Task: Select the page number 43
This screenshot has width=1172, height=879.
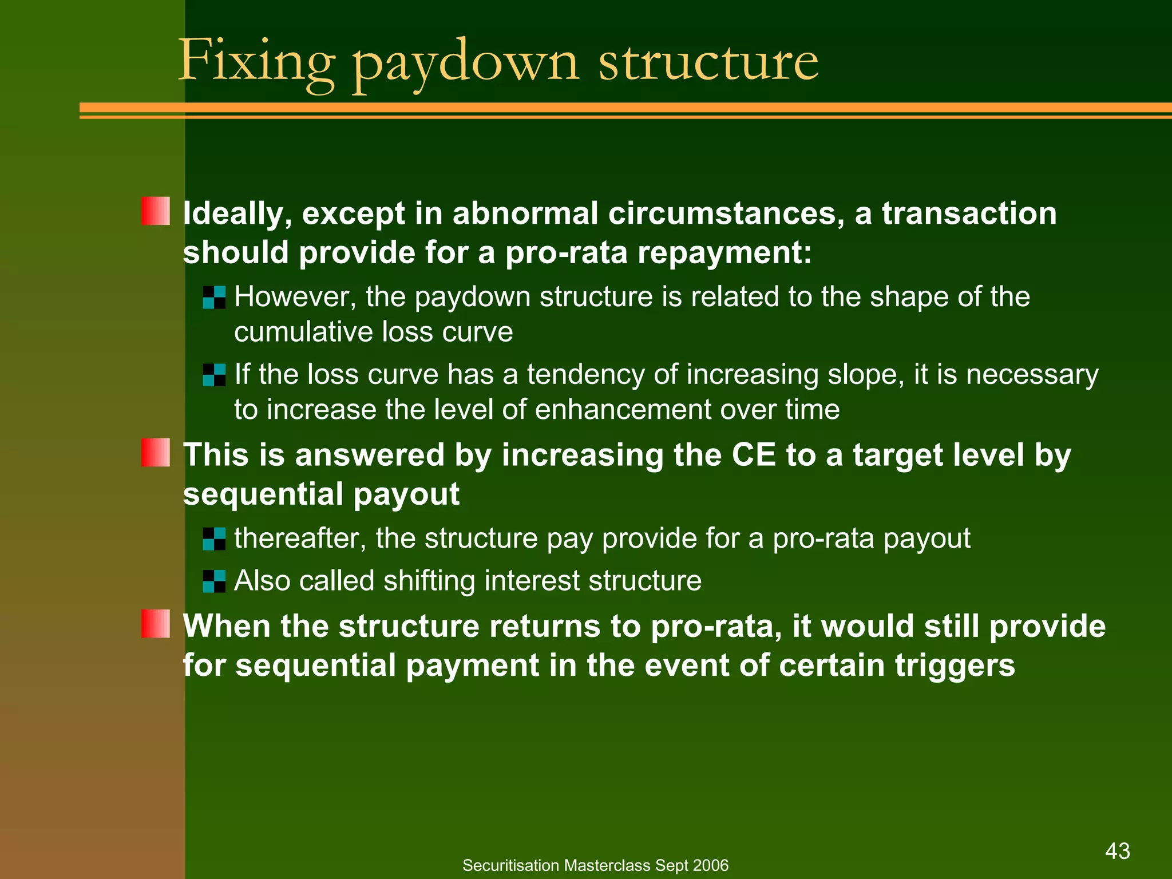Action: tap(1118, 851)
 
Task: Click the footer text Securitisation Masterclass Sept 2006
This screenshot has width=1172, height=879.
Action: tap(595, 865)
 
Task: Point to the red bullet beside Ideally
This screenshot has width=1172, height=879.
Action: tap(156, 211)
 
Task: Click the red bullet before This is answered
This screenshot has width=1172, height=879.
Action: tap(156, 453)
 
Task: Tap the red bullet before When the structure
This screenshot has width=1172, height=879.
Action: tap(156, 624)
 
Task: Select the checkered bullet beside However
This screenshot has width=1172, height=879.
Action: tap(214, 298)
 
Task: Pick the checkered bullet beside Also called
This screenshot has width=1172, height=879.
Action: tap(214, 581)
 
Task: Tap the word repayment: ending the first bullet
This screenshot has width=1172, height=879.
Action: tap(724, 252)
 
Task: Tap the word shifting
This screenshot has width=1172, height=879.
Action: tap(429, 581)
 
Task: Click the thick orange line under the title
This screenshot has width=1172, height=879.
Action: tap(624, 108)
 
